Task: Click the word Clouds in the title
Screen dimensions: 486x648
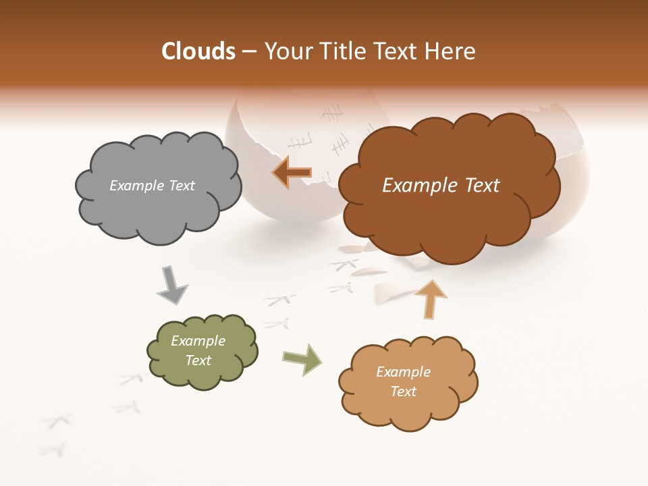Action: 198,51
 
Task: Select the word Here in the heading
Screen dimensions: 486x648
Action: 450,51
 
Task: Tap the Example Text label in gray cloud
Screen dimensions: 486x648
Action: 152,186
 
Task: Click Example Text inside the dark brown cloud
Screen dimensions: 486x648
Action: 441,186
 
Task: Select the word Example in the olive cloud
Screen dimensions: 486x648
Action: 198,341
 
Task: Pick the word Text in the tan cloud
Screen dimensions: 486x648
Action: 403,391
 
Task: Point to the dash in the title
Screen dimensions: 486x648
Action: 248,51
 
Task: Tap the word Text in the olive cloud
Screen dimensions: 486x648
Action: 198,360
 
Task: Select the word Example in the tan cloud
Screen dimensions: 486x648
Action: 403,372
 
